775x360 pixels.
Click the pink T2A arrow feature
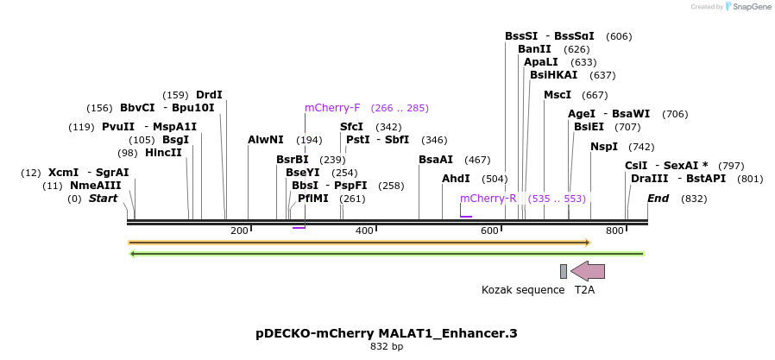588,271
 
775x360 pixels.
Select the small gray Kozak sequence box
564,271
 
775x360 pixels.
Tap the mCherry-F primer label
332,108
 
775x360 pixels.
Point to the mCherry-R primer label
488,199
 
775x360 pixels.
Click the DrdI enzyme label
209,95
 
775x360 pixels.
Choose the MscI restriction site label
558,95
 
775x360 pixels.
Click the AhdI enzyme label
456,179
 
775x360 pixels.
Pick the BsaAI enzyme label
436,160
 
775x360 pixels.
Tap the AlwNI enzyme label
265,140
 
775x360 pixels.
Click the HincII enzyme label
163,153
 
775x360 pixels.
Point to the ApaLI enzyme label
541,62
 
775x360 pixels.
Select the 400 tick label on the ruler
364,231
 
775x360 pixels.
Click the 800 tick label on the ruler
614,231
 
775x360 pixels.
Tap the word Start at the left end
103,199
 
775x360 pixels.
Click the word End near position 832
658,199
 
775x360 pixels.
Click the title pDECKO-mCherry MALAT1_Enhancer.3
387,332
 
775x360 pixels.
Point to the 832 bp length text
387,346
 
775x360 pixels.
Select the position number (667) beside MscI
595,95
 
